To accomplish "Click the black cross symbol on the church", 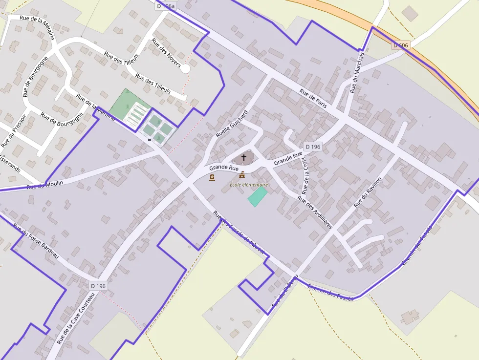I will click(x=244, y=158).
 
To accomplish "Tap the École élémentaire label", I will click(x=249, y=185).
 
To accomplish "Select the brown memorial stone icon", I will click(x=212, y=177).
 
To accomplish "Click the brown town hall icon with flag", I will click(x=242, y=175).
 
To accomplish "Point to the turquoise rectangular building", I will click(x=257, y=196).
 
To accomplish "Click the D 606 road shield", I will click(x=400, y=45).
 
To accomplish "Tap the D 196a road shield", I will click(x=166, y=6).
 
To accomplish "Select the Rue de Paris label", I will click(x=313, y=98).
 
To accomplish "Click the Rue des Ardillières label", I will click(x=315, y=213).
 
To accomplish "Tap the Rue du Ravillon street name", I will click(x=367, y=192).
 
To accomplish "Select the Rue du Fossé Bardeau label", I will click(x=35, y=241).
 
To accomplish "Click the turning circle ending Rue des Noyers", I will click(x=185, y=69).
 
